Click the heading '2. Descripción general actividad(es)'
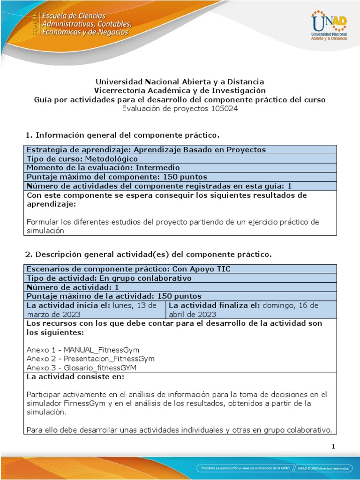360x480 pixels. coord(148,255)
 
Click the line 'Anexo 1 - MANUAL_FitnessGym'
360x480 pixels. coord(83,350)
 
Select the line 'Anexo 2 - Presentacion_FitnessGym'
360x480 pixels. coord(90,359)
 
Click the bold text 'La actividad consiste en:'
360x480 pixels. coord(75,376)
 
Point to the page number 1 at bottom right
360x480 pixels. coord(333,447)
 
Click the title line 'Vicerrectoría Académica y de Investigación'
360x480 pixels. coord(180,90)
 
